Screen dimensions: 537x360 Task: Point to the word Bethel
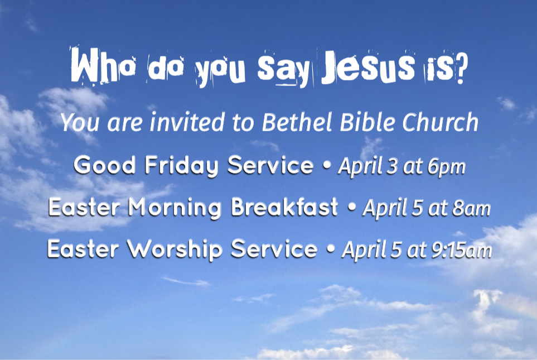coord(297,122)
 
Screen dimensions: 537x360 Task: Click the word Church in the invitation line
coord(440,122)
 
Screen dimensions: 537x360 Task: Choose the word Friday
coord(182,166)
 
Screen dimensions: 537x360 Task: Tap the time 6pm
coord(447,167)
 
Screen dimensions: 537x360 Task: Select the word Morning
coord(175,208)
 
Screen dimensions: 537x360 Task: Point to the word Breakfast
coord(284,208)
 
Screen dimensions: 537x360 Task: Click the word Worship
coord(175,249)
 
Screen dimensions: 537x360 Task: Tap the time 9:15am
coord(462,250)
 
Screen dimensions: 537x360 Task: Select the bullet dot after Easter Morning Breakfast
coord(351,208)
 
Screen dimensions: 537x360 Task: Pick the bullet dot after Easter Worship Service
coord(331,249)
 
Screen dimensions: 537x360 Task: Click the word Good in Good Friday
coord(105,165)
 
